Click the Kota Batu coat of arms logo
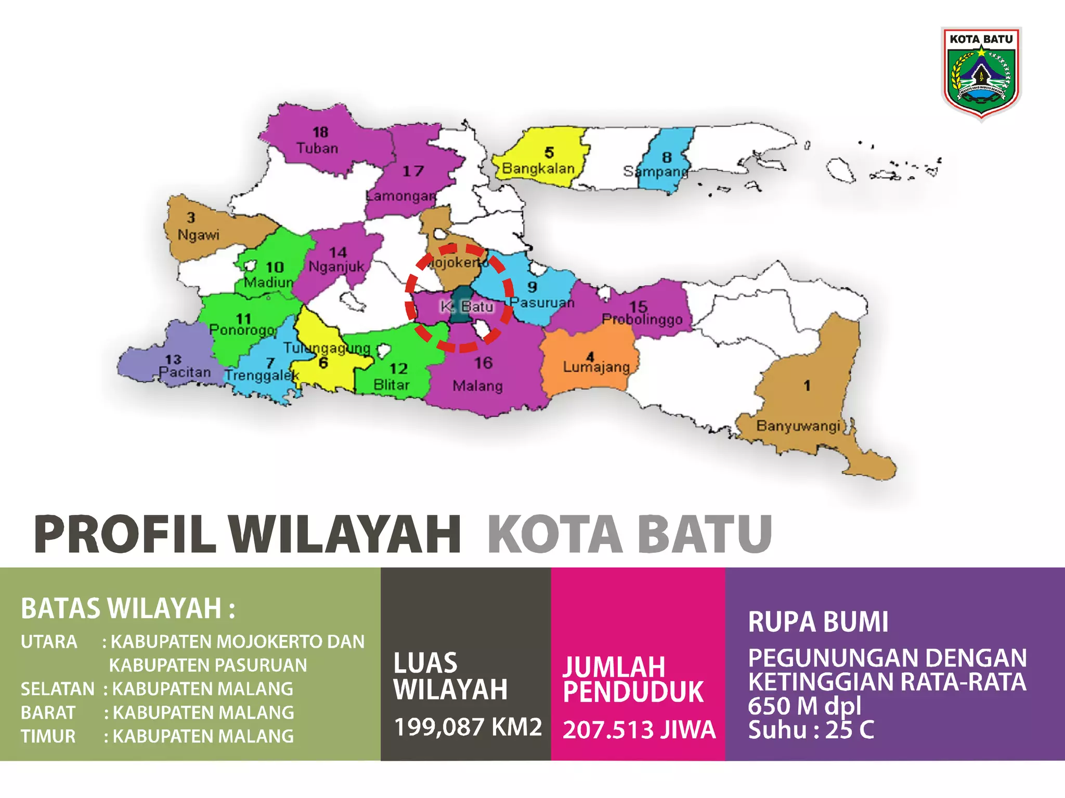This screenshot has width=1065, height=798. pos(981,73)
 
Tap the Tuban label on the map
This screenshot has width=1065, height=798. pos(317,149)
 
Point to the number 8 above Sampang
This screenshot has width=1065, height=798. pos(667,157)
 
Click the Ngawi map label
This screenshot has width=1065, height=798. pos(198,235)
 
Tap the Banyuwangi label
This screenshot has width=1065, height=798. pos(798,426)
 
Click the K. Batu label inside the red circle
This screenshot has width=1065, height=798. pos(466,307)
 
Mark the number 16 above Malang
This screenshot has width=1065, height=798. pos(483,363)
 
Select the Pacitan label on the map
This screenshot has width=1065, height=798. pos(185,373)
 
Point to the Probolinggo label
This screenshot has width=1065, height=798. pos(642,319)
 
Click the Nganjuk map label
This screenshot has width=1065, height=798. pos(336,267)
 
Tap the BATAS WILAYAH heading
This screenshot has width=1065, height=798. pos(128,608)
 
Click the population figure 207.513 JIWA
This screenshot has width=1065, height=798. pos(639,730)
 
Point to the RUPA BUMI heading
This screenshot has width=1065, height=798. pos(818,622)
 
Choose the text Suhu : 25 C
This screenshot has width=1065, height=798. pos(811,730)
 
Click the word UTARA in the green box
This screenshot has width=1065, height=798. pos(49,642)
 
